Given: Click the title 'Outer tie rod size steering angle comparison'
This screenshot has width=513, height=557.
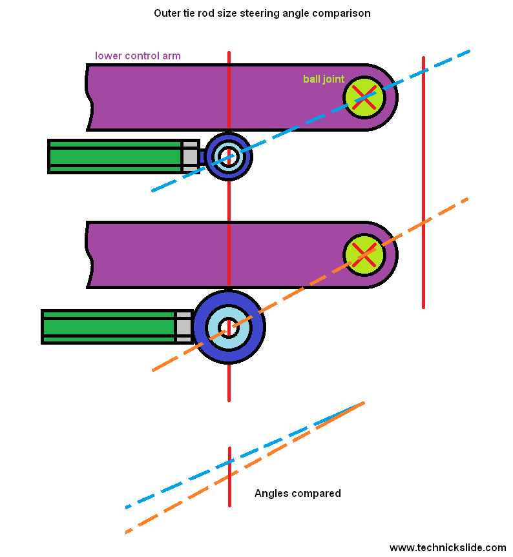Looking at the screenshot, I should pyautogui.click(x=262, y=13).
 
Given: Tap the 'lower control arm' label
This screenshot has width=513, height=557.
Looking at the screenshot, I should pyautogui.click(x=138, y=56).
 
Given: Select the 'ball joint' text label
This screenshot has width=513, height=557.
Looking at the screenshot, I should pyautogui.click(x=324, y=79).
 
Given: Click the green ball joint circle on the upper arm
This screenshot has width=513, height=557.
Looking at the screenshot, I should pyautogui.click(x=364, y=97).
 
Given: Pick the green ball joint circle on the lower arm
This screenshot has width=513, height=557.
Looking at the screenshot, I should pyautogui.click(x=364, y=254).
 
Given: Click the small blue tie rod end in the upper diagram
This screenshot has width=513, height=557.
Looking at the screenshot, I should pyautogui.click(x=228, y=156).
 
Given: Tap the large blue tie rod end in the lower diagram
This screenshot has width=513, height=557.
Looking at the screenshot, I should pyautogui.click(x=229, y=327).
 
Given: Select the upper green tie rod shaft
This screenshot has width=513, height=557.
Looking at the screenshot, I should pyautogui.click(x=114, y=156).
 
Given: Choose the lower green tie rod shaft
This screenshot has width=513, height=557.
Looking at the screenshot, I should pyautogui.click(x=108, y=327).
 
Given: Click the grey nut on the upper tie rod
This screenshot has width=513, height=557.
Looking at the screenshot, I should pyautogui.click(x=190, y=156).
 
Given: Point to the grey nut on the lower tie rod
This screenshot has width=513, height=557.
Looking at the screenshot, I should pyautogui.click(x=183, y=327).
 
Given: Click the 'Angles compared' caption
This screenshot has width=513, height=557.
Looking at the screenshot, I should pyautogui.click(x=297, y=494).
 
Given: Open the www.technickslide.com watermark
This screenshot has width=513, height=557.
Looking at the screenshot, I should pyautogui.click(x=448, y=547).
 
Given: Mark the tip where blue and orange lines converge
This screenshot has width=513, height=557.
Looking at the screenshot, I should pyautogui.click(x=363, y=403).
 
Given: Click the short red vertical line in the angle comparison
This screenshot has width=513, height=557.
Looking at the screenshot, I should pyautogui.click(x=229, y=478).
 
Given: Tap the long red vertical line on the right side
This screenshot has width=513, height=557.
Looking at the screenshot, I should pyautogui.click(x=423, y=181).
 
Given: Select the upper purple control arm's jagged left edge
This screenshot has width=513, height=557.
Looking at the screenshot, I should pyautogui.click(x=90, y=97).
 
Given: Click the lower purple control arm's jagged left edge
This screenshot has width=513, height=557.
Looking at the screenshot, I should pyautogui.click(x=90, y=255).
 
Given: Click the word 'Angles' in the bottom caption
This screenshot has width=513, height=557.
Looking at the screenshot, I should pyautogui.click(x=271, y=494).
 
